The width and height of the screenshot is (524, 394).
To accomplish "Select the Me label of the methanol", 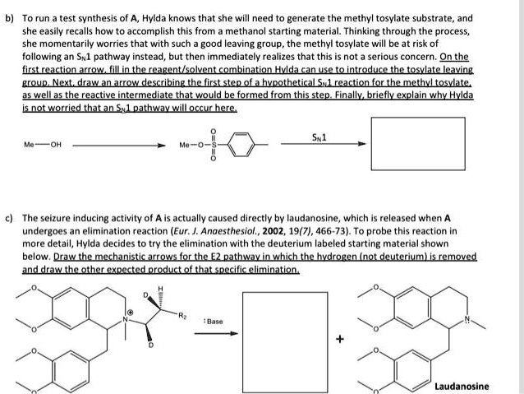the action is click(x=30, y=146).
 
